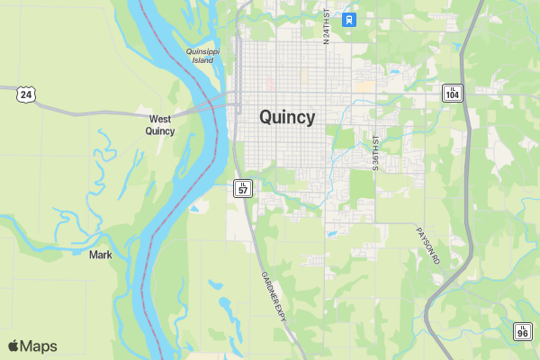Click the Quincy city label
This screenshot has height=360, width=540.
pyautogui.click(x=287, y=117)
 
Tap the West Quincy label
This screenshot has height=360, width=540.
pyautogui.click(x=160, y=124)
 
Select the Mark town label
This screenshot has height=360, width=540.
pyautogui.click(x=101, y=255)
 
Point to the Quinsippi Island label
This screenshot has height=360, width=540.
pyautogui.click(x=202, y=56)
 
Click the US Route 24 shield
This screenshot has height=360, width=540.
pyautogui.click(x=26, y=94)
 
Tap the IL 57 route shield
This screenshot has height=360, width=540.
pyautogui.click(x=243, y=187)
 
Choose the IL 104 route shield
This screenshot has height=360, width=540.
pyautogui.click(x=452, y=93)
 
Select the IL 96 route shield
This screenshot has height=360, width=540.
pyautogui.click(x=523, y=331)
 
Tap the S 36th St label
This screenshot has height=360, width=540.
pyautogui.click(x=376, y=152)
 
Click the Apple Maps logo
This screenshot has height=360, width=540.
pyautogui.click(x=32, y=346)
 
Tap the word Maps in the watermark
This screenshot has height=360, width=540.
pyautogui.click(x=39, y=346)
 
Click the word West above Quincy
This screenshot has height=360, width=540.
pyautogui.click(x=160, y=118)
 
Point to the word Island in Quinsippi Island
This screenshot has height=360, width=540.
pyautogui.click(x=203, y=61)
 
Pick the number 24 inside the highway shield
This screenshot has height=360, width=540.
pyautogui.click(x=26, y=94)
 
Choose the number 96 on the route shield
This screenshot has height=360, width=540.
pyautogui.click(x=523, y=333)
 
